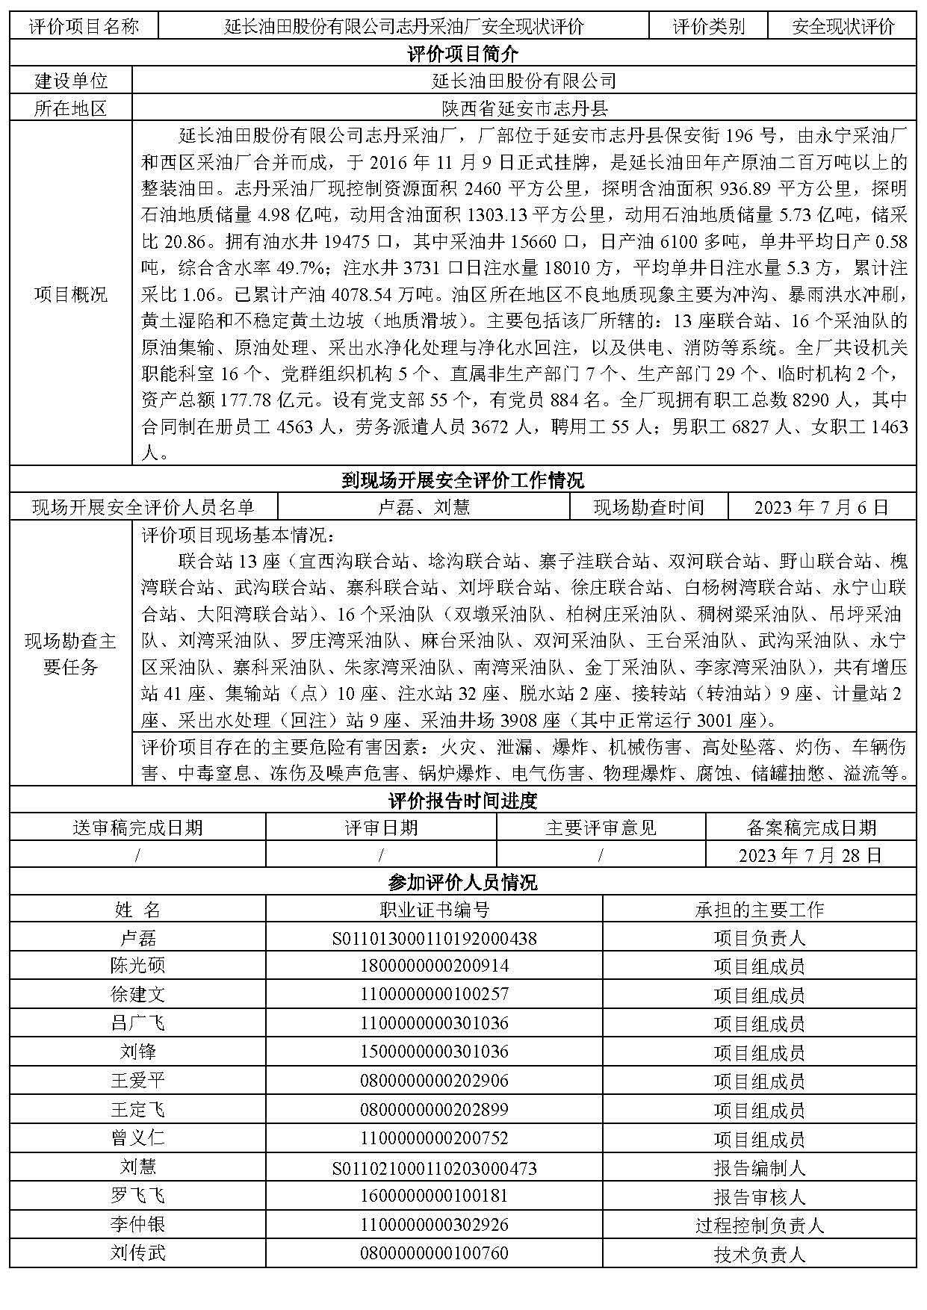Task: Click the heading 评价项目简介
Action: click(462, 54)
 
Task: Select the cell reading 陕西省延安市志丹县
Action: click(524, 108)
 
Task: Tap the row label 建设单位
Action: click(71, 81)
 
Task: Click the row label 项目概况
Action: click(71, 294)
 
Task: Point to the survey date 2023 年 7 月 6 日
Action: click(821, 508)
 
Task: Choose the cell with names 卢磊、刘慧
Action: click(423, 508)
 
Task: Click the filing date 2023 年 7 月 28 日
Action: click(810, 855)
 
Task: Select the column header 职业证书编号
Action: click(434, 910)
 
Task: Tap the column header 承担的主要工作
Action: click(759, 910)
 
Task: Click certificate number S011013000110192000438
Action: click(434, 938)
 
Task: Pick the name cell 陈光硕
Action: click(137, 966)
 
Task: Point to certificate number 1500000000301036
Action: click(434, 1052)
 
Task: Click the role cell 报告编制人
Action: click(759, 1167)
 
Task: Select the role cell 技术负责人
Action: click(759, 1255)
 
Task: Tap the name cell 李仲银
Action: click(137, 1225)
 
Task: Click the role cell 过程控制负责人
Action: click(759, 1226)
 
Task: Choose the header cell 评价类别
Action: click(708, 27)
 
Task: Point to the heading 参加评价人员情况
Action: click(462, 883)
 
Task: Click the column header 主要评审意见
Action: click(601, 828)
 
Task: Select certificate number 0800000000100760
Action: click(434, 1253)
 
